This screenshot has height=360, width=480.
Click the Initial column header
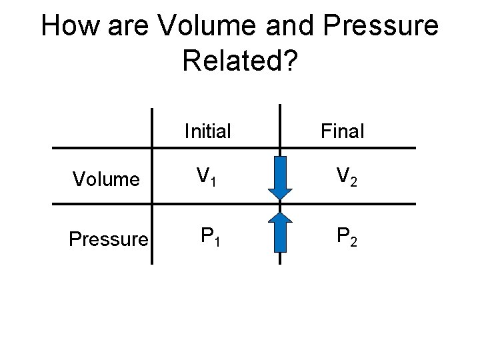click(207, 131)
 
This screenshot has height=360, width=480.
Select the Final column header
click(342, 131)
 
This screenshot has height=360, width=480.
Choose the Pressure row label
click(109, 239)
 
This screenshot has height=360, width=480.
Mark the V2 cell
click(347, 177)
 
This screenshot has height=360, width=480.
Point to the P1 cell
click(211, 237)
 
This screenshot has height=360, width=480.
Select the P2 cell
click(347, 237)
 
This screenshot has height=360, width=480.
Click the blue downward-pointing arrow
click(280, 177)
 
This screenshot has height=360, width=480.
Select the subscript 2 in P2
click(354, 241)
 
